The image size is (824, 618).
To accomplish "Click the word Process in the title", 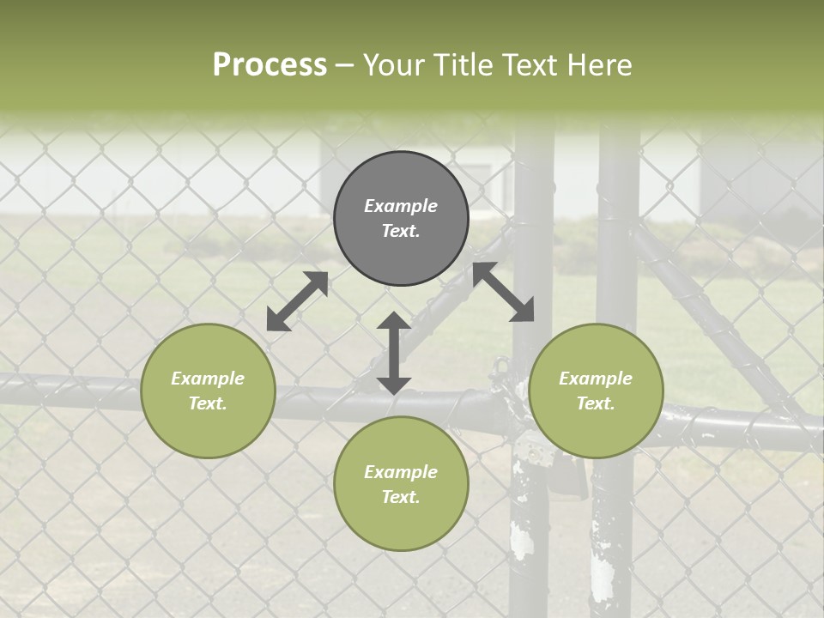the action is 270,65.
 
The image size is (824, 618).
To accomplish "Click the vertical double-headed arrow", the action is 394,353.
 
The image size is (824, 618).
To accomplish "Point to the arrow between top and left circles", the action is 297,301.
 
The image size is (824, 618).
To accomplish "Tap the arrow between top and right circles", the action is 504,292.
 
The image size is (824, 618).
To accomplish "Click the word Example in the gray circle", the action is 401,206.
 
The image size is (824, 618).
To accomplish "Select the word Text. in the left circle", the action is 208,403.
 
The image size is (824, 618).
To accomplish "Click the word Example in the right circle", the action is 596,379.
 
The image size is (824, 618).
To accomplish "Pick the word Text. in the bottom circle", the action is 401,497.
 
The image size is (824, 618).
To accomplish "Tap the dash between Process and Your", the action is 345,65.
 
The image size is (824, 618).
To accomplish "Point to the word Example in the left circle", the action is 208,379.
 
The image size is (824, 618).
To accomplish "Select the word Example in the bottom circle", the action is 401,472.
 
